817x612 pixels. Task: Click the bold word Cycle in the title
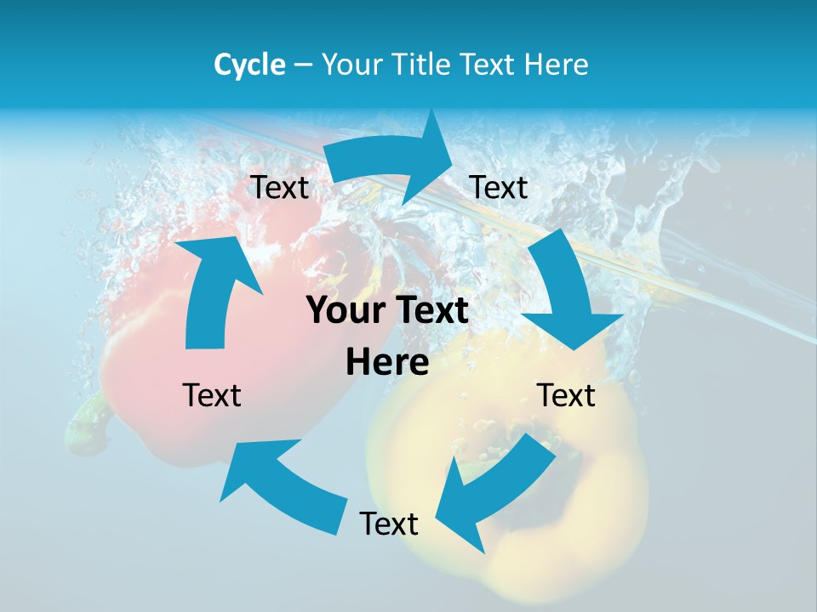coord(249,65)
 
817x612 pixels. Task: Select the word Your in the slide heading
coord(350,65)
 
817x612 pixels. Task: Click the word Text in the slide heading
coord(488,65)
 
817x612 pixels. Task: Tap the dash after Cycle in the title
coord(303,65)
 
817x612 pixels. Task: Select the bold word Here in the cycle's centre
coord(387,363)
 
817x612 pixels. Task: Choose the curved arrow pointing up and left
coord(281,484)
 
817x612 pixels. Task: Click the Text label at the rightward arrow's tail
coord(279,188)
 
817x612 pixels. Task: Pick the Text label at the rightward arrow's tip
coord(499,188)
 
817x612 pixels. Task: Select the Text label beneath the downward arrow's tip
coord(566,395)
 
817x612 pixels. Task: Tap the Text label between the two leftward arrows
coord(389,524)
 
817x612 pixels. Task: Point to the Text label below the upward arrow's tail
coord(212,395)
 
